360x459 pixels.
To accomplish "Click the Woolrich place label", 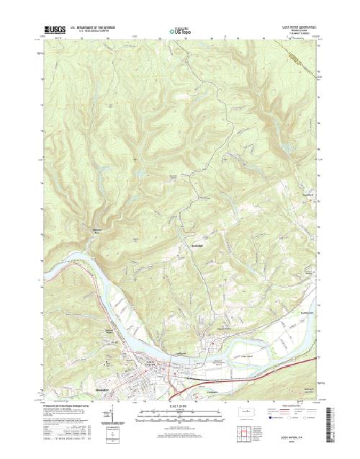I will (307, 195).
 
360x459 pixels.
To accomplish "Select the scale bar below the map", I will (180, 414).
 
